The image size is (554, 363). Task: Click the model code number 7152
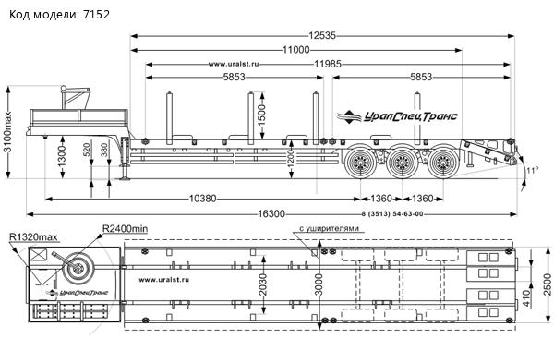(96, 15)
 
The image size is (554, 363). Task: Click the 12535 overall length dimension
(322, 36)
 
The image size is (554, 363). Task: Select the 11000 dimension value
(295, 50)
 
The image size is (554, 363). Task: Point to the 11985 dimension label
(328, 64)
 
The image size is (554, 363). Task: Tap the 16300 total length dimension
(271, 214)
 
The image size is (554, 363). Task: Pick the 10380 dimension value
(202, 199)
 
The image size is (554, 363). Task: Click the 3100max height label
(7, 132)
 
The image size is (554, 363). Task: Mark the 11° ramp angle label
(532, 170)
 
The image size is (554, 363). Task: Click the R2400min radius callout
(125, 229)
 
